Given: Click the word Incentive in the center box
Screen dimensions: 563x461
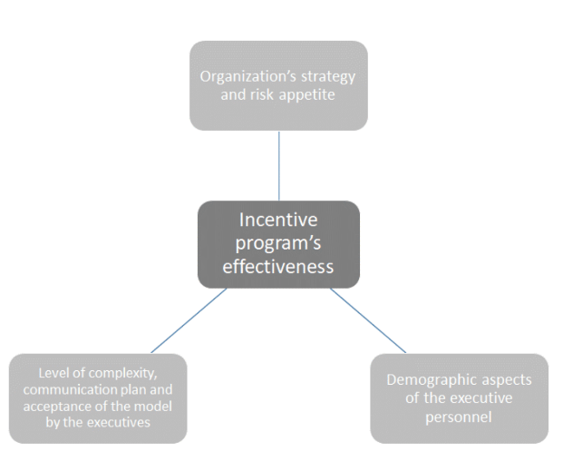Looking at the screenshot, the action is [x=278, y=220].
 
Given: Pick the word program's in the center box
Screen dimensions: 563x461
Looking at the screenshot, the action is [x=278, y=243].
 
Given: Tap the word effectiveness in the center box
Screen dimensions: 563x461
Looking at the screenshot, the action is [x=278, y=267].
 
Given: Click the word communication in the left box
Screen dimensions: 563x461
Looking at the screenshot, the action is [x=71, y=388].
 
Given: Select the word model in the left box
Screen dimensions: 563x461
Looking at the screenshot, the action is [x=155, y=404].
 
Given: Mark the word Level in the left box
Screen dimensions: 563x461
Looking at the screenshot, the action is [x=53, y=373].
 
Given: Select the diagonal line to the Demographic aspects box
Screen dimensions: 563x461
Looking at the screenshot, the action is [x=367, y=319].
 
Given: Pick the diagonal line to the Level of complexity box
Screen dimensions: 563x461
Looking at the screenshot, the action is [x=189, y=319].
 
